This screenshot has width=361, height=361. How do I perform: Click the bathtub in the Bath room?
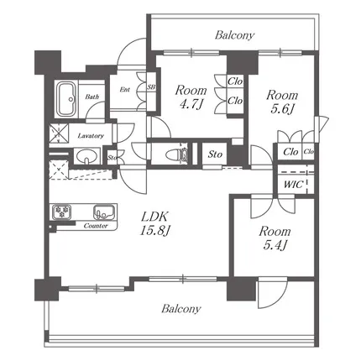66,99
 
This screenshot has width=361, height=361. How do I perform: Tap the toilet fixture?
177,154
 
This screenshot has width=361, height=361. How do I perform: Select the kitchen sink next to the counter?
104,212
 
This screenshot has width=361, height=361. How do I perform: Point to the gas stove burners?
61,212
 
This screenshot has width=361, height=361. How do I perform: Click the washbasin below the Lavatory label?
86,156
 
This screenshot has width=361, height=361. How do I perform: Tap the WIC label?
294,185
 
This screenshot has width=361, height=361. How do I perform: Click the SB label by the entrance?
151,87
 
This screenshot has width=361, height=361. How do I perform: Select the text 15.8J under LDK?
154,231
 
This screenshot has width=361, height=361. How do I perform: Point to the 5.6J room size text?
282,109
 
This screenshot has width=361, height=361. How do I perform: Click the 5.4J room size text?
275,245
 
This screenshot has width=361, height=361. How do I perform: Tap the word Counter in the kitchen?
96,226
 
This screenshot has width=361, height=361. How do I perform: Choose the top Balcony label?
234,35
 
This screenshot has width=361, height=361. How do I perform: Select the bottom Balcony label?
181,309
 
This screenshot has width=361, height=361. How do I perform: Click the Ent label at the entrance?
125,90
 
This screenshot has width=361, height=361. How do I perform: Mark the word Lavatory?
91,136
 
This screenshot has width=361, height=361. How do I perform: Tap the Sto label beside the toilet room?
215,154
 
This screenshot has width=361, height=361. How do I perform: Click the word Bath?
92,97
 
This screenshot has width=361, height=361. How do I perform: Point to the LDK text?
154,217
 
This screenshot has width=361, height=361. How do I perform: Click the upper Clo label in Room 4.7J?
235,81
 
